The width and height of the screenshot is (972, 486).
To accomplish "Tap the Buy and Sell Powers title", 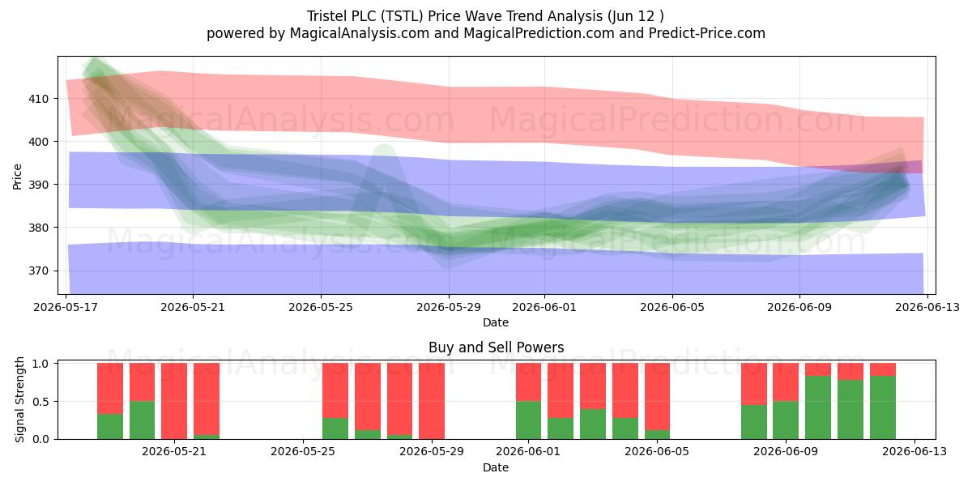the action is coord(496,347).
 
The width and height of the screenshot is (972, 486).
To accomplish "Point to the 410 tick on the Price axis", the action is coord(39,99).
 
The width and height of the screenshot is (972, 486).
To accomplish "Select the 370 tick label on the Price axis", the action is coord(39,271).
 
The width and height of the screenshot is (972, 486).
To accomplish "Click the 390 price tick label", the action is coord(39,185).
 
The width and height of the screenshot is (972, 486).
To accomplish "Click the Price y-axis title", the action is coord(17,177).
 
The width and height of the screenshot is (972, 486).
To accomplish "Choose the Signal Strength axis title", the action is coord(19,399).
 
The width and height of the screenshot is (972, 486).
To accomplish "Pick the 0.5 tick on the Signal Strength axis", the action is coord(41,402).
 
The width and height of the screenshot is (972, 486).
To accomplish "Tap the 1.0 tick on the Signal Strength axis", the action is coord(41,364).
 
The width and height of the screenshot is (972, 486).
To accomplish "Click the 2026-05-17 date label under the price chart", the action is coord(66,307).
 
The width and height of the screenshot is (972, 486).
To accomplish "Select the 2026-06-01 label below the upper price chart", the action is coord(544,307).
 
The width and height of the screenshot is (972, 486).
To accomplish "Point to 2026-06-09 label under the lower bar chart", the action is coord(786,452).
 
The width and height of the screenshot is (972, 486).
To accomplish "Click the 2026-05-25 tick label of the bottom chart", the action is coord(302,452).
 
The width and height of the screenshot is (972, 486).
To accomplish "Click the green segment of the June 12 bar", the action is coord(883,407).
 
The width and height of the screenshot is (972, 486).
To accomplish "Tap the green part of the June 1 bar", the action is coord(528,420).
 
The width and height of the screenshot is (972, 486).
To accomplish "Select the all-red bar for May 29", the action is coord(432,401).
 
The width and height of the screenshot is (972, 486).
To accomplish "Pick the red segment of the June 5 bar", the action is coord(658,396).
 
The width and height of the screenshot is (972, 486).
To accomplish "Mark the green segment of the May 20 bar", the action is coord(142,420).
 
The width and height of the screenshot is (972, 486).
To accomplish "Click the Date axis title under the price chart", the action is coord(496,322).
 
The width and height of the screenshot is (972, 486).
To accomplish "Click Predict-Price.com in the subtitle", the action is coord(707,33).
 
